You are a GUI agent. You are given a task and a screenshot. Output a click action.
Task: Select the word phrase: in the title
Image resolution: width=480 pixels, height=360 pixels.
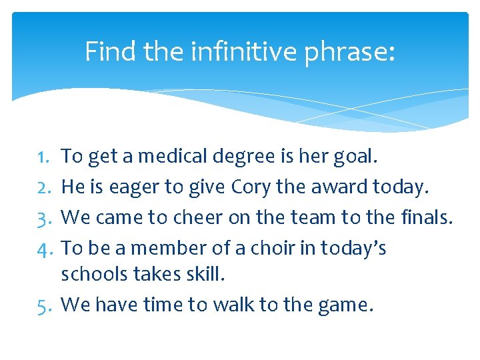click(349, 51)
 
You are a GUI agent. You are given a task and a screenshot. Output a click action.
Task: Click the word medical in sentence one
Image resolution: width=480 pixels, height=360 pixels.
click(175, 157)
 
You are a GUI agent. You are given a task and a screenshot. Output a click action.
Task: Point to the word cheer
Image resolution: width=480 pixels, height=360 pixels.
click(199, 217)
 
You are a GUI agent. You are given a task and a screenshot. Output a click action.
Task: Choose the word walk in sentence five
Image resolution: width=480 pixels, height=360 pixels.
click(233, 305)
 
